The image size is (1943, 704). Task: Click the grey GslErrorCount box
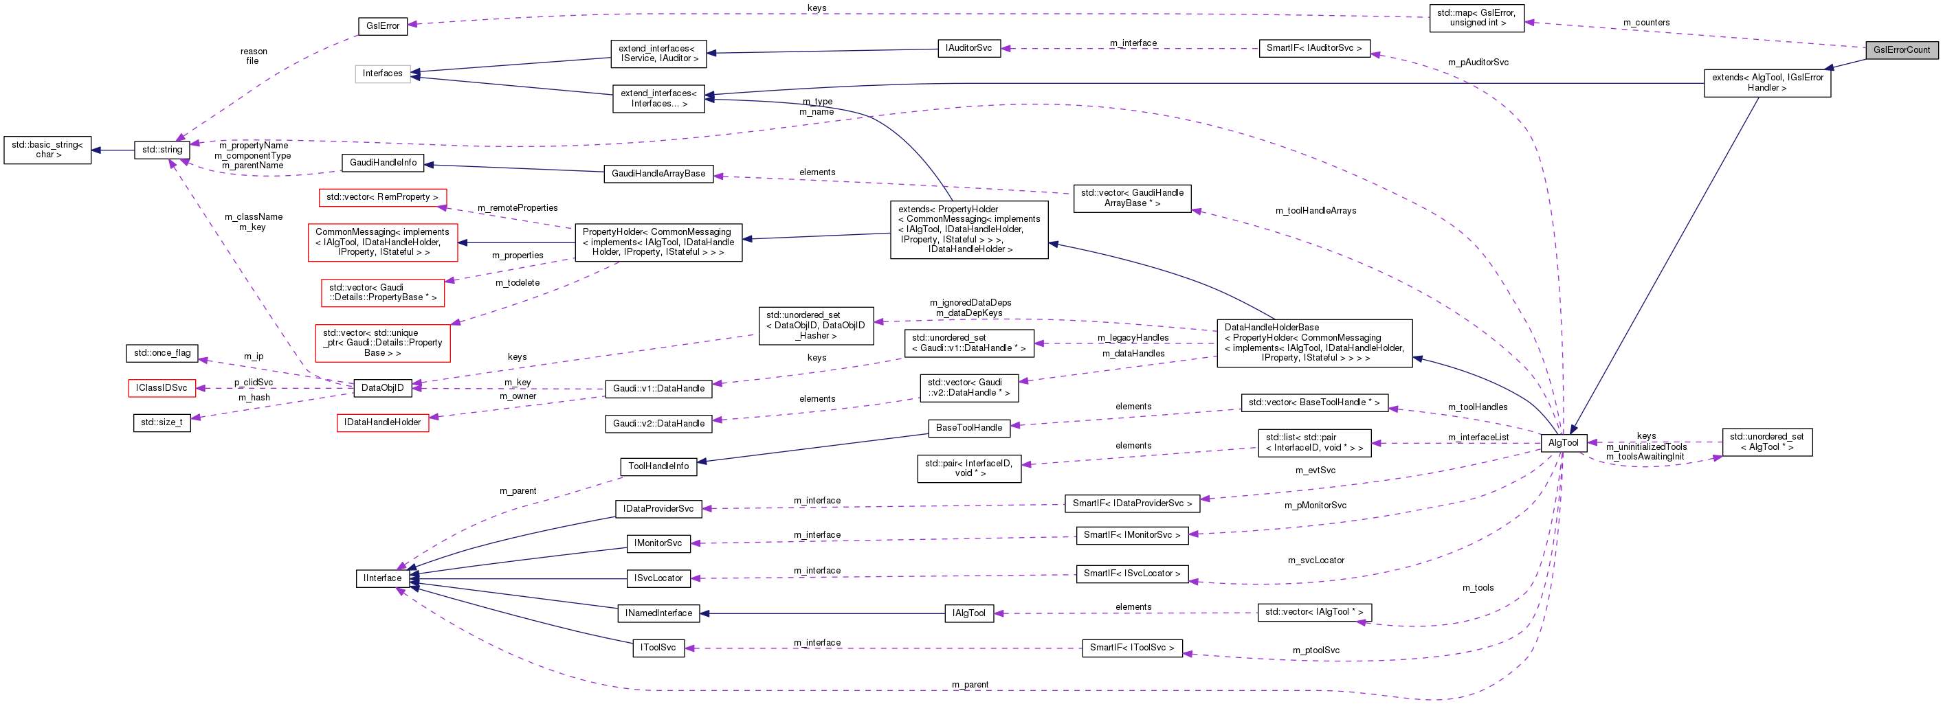(x=1901, y=49)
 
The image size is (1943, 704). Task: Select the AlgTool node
(x=1563, y=443)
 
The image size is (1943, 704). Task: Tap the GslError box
(x=382, y=25)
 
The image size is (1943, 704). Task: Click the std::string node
(x=162, y=149)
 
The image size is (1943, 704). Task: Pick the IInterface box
(x=382, y=578)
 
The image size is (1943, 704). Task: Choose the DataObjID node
(x=382, y=388)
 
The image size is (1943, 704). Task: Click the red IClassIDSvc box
(x=162, y=388)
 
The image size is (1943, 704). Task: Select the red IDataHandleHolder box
(x=382, y=422)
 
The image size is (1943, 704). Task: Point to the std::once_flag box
(x=162, y=353)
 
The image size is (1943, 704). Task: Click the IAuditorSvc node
(x=968, y=48)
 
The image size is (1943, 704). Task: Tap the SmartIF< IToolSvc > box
(x=1131, y=648)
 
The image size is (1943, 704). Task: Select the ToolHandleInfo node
(x=658, y=466)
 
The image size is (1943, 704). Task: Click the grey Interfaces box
(x=382, y=73)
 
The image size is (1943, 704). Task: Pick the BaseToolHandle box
(x=968, y=427)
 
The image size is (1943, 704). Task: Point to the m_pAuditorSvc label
(x=1478, y=63)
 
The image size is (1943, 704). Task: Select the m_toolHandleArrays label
(x=1315, y=211)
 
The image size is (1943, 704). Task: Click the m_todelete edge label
(x=518, y=283)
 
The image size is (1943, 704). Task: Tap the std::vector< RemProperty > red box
(x=381, y=196)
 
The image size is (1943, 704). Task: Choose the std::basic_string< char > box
(x=47, y=149)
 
